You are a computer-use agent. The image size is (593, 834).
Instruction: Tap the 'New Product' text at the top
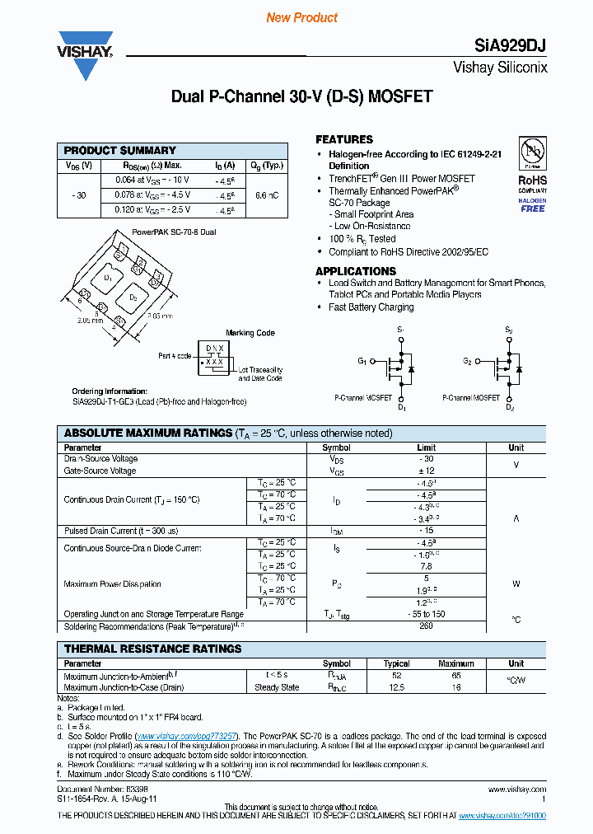(x=302, y=17)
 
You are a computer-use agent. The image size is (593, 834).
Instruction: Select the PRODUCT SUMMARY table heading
(x=120, y=151)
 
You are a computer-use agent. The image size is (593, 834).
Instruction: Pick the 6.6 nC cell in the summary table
(x=267, y=195)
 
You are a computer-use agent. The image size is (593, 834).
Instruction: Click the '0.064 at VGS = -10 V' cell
(x=146, y=179)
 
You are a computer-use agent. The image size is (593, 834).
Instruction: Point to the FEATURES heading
(x=344, y=139)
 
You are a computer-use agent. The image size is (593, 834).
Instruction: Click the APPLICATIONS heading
(x=356, y=271)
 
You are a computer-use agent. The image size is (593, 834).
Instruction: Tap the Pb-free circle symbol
(x=532, y=152)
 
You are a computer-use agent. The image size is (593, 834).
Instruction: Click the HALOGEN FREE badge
(x=532, y=205)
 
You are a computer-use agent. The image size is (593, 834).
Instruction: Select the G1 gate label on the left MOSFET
(x=362, y=361)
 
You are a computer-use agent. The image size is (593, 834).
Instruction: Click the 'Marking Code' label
(x=250, y=333)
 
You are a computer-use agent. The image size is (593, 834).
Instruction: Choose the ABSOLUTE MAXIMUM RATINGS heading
(x=148, y=433)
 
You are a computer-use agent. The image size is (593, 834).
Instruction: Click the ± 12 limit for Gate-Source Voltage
(x=426, y=471)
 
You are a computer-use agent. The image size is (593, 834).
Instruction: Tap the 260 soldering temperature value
(x=426, y=625)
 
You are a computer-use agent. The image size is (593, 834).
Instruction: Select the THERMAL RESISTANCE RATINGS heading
(x=153, y=649)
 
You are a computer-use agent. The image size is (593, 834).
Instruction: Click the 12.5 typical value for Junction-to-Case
(x=396, y=687)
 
